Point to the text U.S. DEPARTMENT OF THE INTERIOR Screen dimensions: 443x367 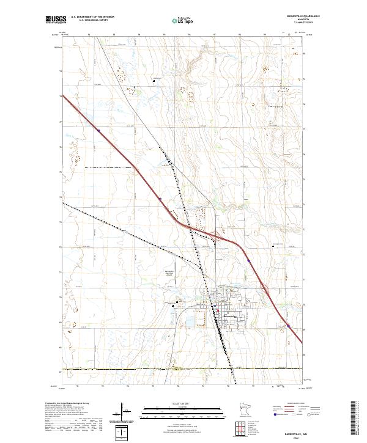coord(92,17)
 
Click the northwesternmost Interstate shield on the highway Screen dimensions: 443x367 coord(98,130)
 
